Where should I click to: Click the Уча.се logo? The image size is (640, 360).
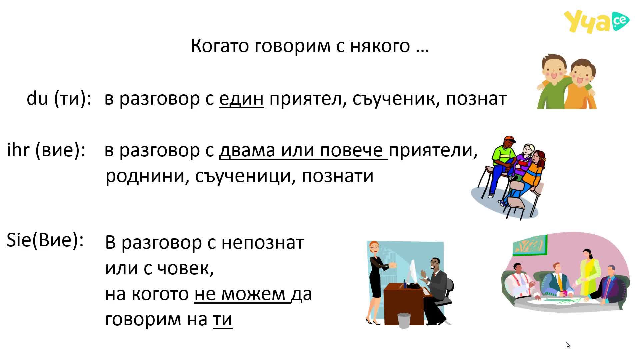(x=596, y=22)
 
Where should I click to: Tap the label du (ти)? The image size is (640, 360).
(x=59, y=99)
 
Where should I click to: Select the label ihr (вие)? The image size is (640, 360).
(x=46, y=150)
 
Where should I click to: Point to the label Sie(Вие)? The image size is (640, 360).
(x=45, y=240)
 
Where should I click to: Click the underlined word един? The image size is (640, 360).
(x=241, y=99)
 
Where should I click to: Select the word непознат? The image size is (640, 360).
(x=263, y=243)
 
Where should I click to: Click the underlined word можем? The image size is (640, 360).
(x=253, y=294)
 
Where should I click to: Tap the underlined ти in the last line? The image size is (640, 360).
(x=222, y=319)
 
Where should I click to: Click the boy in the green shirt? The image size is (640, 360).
(x=553, y=82)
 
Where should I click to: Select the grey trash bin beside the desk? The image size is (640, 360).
(x=404, y=320)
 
